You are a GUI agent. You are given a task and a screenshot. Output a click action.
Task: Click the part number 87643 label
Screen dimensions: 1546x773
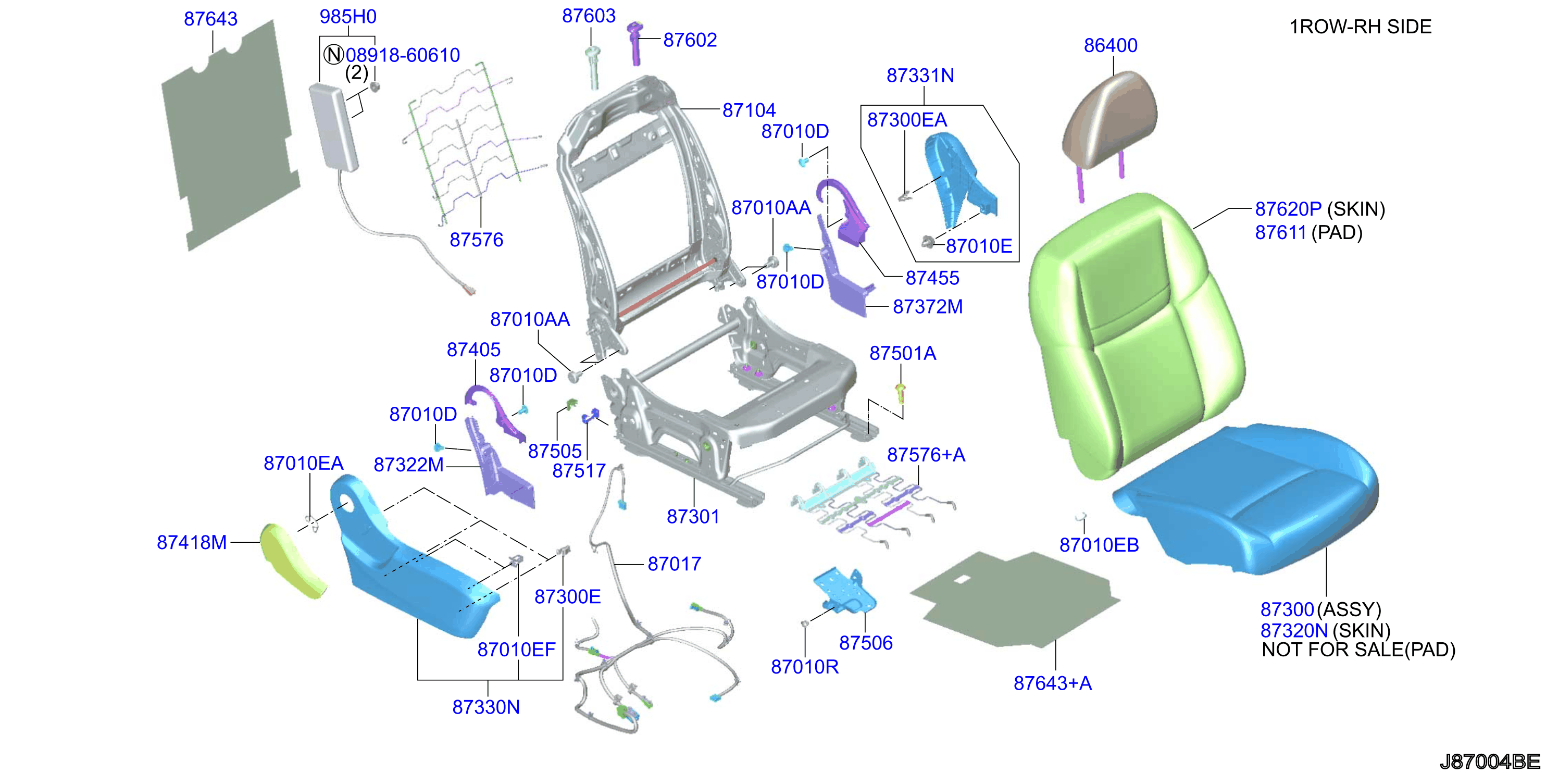[x=210, y=19]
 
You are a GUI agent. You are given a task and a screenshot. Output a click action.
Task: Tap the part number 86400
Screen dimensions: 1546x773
[x=1111, y=46]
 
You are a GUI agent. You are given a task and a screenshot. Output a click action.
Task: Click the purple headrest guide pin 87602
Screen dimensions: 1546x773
[x=634, y=43]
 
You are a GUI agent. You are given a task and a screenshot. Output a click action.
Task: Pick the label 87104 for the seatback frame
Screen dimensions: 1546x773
[x=749, y=110]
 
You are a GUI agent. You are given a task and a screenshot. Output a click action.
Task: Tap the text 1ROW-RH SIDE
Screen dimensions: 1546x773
[x=1361, y=27]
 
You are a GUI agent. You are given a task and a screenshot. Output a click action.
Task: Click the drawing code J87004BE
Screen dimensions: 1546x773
[x=1490, y=762]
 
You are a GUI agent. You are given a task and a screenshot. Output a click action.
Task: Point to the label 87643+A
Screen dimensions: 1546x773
[x=1053, y=683]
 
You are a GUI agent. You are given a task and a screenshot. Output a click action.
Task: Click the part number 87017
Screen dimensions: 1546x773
[x=675, y=564]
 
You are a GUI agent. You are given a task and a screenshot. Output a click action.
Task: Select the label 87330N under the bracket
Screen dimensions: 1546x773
[x=486, y=707]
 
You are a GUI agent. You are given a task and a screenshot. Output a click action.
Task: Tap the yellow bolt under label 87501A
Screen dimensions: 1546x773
[x=900, y=393]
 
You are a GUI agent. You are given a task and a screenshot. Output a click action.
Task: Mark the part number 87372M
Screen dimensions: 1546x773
[x=928, y=307]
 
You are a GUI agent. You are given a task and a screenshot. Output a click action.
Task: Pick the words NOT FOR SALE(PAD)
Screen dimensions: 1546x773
[x=1359, y=650]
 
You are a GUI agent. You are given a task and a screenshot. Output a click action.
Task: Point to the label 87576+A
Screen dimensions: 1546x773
[x=926, y=455]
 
